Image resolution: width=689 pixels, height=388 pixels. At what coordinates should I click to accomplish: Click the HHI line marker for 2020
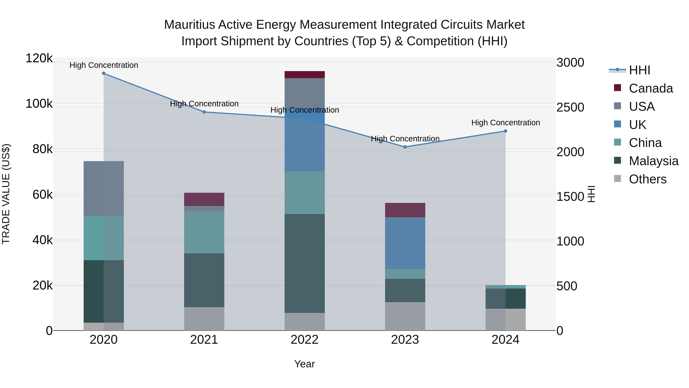[104, 73]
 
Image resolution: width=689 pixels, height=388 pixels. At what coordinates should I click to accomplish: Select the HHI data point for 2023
[405, 147]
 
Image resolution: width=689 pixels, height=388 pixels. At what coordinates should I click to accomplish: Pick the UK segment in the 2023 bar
[405, 243]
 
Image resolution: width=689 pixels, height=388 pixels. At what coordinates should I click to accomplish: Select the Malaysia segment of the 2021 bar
[204, 280]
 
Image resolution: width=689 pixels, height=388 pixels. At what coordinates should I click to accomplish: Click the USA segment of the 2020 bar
[104, 189]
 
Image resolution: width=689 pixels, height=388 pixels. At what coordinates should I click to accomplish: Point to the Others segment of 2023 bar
[405, 316]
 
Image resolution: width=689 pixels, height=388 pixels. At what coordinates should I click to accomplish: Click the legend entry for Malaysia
[653, 161]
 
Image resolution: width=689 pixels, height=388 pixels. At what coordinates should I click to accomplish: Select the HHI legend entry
[639, 70]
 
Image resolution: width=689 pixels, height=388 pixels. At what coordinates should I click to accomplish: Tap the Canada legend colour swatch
[617, 88]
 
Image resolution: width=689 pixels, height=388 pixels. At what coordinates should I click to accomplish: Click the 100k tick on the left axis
[39, 104]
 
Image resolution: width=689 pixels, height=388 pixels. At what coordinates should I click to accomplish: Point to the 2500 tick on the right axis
[570, 107]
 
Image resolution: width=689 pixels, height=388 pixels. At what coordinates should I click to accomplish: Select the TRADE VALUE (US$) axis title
[6, 194]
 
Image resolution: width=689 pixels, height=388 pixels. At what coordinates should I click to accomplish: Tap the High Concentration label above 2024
[505, 123]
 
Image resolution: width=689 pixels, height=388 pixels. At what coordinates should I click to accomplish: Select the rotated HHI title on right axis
[591, 194]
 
